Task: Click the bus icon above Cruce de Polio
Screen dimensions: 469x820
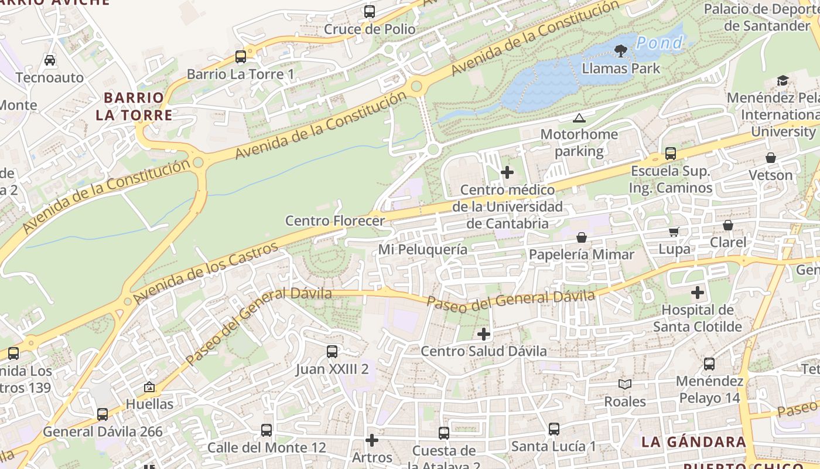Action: click(369, 11)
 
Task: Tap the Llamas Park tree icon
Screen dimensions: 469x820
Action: click(621, 51)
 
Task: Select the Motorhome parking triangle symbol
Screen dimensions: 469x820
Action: click(579, 118)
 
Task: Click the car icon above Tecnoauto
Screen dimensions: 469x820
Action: click(50, 60)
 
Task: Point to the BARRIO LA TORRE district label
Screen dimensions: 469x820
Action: click(134, 106)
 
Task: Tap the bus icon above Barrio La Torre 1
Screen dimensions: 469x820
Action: click(241, 57)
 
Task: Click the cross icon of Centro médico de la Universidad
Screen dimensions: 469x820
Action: click(507, 172)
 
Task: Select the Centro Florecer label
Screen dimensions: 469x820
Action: click(335, 221)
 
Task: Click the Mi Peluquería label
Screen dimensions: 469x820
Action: click(423, 250)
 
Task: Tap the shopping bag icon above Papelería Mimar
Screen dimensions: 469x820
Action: click(582, 237)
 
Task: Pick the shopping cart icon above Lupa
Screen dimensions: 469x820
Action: click(674, 232)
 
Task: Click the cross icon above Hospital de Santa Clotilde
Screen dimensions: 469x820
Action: click(697, 292)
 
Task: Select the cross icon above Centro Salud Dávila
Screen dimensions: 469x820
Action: click(484, 334)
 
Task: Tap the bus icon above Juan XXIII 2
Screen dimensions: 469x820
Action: click(332, 352)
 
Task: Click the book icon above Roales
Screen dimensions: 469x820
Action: click(625, 384)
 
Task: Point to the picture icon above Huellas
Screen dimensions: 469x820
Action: click(149, 387)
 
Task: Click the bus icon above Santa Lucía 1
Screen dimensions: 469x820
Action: click(554, 429)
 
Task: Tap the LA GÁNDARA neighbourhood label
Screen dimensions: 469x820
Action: click(693, 442)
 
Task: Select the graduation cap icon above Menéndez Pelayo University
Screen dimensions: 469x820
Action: click(783, 81)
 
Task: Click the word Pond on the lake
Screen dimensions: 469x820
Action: click(660, 43)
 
